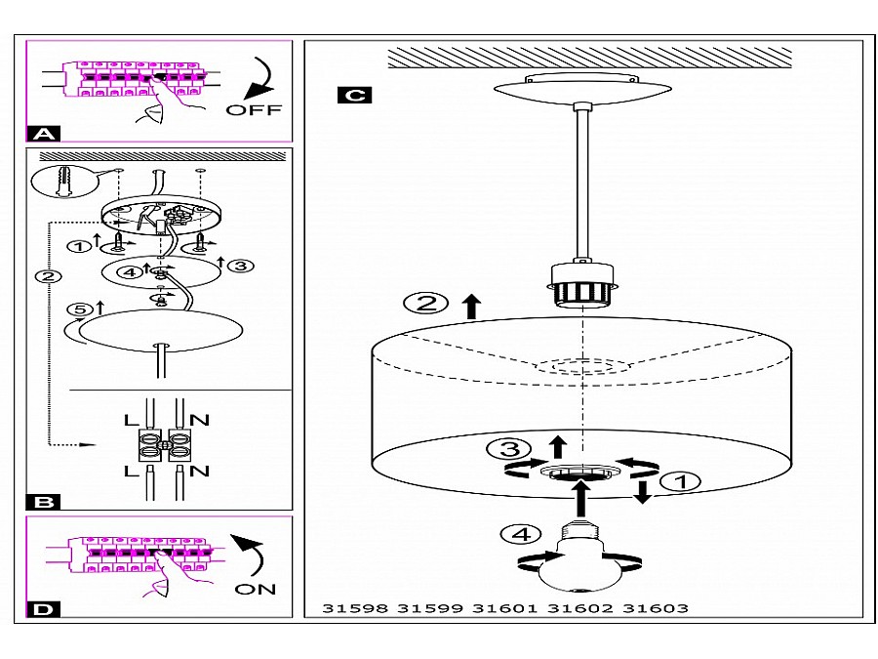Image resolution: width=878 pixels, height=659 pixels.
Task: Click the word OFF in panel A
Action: click(x=254, y=109)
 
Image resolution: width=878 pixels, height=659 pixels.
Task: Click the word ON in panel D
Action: click(x=256, y=589)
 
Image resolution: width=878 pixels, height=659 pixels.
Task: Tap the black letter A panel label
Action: click(x=44, y=134)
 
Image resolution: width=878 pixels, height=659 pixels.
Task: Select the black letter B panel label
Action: click(x=44, y=502)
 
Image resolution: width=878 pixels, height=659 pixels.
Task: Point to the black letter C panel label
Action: click(x=352, y=95)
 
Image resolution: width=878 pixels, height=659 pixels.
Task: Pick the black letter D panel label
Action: click(x=44, y=610)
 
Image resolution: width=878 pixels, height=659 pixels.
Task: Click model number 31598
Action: click(x=354, y=608)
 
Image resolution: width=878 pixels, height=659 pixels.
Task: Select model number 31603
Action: click(x=656, y=608)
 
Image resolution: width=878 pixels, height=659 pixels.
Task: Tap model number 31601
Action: click(x=505, y=608)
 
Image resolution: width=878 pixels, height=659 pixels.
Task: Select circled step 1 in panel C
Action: click(x=680, y=480)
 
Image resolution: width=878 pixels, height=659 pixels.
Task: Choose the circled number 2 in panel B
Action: click(x=44, y=276)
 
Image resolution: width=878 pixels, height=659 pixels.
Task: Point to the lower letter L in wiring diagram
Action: click(x=132, y=471)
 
